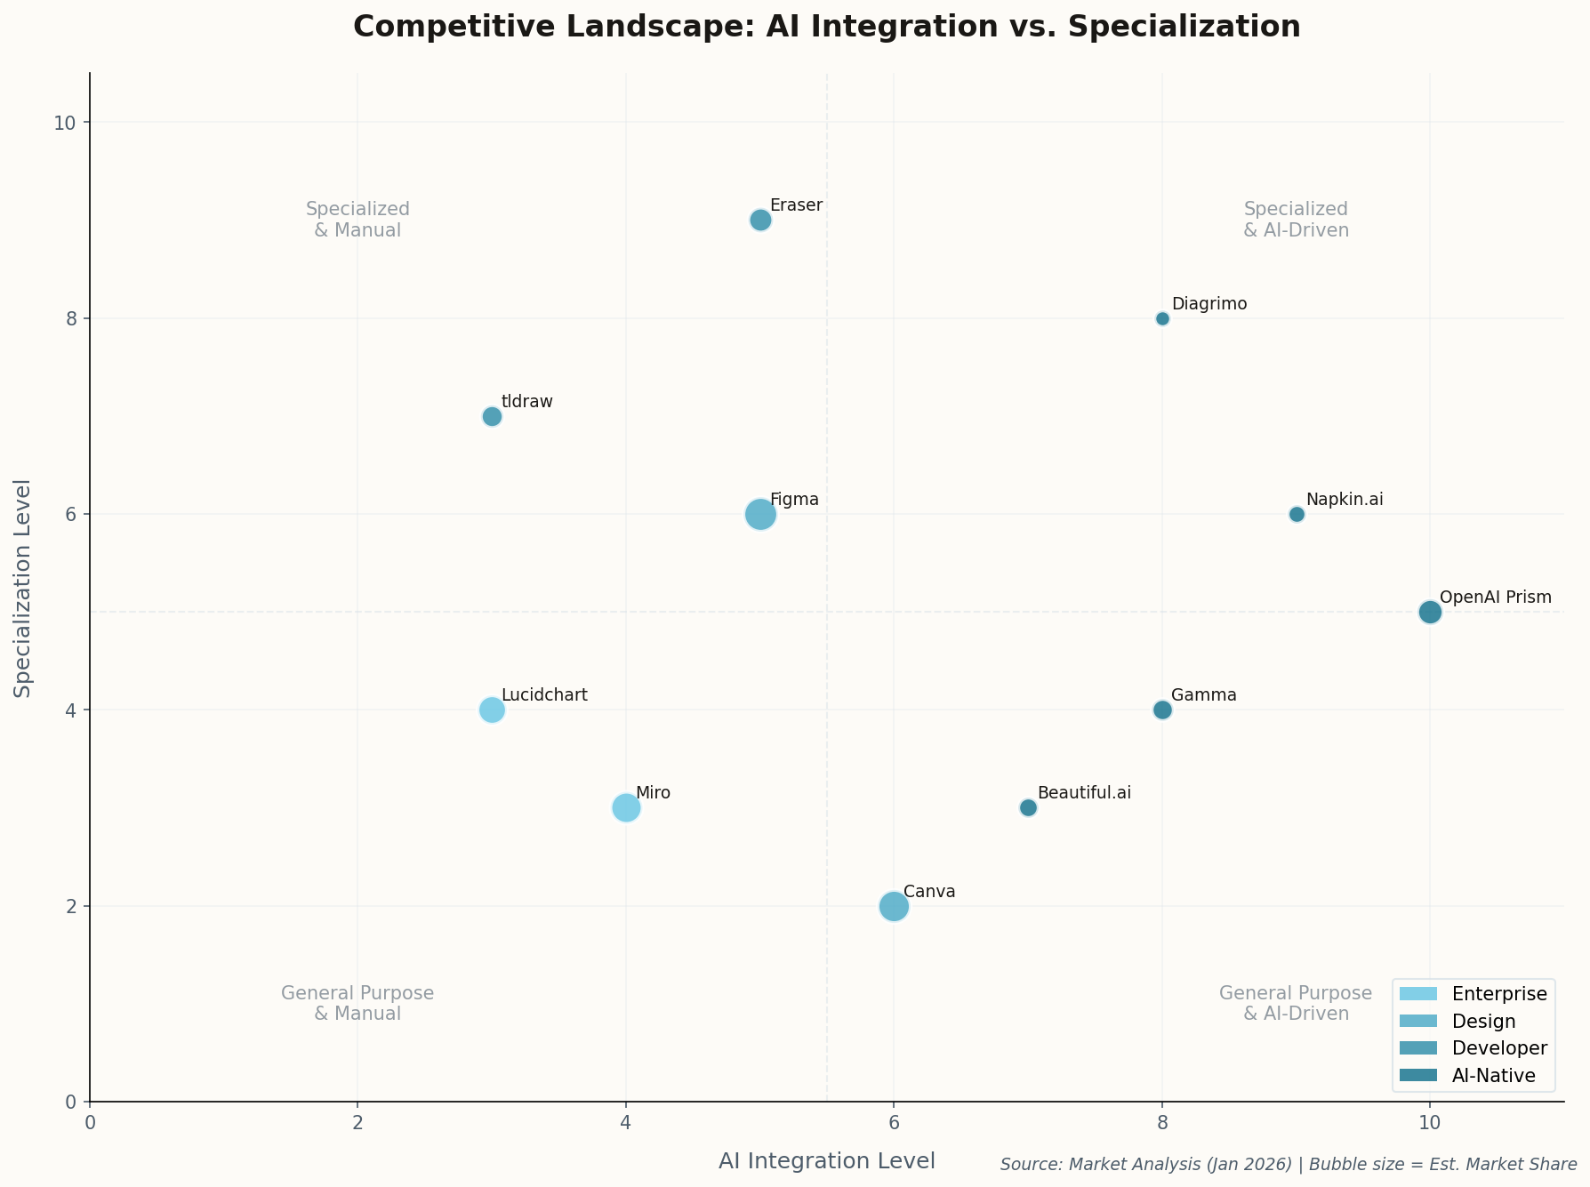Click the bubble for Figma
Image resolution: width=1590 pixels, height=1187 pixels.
point(760,514)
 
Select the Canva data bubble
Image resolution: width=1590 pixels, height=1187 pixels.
point(894,906)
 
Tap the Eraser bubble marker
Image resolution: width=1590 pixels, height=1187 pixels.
point(760,220)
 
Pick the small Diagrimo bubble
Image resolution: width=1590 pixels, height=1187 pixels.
point(1162,318)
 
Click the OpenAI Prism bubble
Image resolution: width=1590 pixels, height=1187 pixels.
point(1430,612)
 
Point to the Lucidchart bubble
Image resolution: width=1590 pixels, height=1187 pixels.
point(492,710)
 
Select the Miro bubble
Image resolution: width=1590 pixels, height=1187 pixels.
point(626,807)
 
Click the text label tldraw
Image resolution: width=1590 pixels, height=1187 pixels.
point(526,402)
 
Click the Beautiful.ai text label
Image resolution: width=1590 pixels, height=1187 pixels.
point(1083,793)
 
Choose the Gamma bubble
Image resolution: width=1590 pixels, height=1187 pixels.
point(1162,710)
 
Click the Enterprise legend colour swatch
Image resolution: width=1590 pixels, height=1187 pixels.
point(1417,993)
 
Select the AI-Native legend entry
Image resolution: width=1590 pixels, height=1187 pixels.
point(1493,1076)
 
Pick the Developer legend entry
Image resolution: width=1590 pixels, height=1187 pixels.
point(1499,1048)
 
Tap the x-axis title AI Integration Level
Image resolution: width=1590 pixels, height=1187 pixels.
point(826,1161)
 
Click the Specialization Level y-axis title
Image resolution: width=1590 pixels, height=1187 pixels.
point(24,588)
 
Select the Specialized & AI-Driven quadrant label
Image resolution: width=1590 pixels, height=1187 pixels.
point(1296,220)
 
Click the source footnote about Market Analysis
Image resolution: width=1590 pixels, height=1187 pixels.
point(1288,1165)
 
